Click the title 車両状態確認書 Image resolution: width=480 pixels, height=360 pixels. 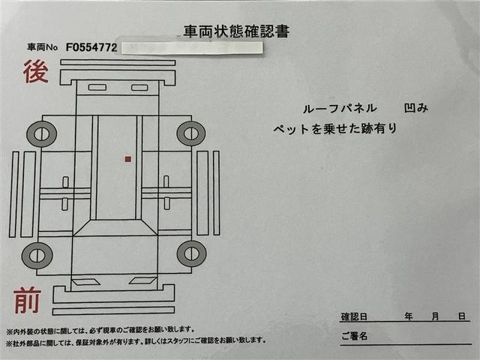pos(236,31)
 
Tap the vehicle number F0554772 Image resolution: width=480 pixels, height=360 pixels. pos(91,47)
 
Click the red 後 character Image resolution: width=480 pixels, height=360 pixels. pos(36,72)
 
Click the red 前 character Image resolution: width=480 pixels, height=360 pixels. pos(27,300)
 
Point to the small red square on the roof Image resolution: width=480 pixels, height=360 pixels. pos(128,159)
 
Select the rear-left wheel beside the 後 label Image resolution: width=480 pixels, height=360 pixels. pos(42,134)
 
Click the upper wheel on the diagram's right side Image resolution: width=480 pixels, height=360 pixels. pos(191,133)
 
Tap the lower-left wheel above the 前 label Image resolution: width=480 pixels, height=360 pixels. pos(37,256)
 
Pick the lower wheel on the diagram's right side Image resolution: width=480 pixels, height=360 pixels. pos(192,253)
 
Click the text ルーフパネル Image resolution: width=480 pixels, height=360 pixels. pos(340,108)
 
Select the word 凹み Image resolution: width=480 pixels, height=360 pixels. pos(415,108)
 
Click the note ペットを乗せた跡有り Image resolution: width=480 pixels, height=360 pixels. pos(335,128)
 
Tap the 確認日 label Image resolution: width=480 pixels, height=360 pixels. pos(354,316)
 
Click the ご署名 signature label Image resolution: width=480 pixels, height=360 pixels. pos(354,336)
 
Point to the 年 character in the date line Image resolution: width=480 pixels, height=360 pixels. pos(408,316)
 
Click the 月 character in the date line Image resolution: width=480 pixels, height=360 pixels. pos(435,316)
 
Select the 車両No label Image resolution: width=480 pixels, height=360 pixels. pos(42,47)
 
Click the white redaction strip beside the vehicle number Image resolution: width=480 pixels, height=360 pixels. pos(192,48)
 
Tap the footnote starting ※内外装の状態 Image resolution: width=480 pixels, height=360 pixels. pos(100,330)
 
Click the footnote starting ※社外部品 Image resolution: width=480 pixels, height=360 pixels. pos(136,340)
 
